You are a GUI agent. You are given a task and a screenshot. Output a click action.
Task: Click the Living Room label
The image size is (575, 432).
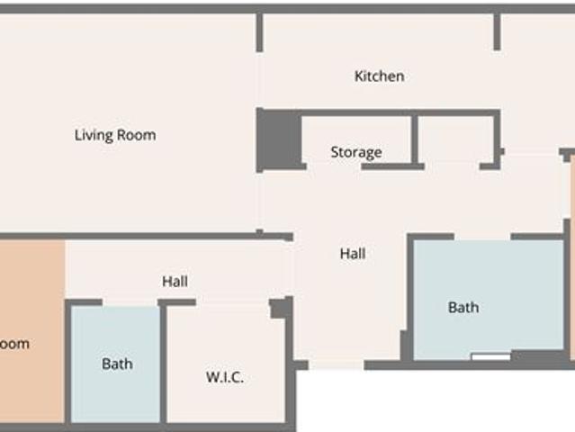[x=115, y=136]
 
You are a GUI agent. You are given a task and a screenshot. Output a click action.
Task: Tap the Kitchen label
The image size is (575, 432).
[x=379, y=76]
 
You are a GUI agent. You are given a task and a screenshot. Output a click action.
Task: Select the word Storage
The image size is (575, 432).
[x=355, y=152]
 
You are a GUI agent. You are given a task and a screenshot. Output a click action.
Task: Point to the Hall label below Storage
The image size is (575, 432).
[x=353, y=255]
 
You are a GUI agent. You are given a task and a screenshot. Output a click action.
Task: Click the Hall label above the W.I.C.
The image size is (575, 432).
[x=175, y=282]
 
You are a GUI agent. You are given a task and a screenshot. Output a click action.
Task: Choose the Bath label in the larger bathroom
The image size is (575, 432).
[x=463, y=308]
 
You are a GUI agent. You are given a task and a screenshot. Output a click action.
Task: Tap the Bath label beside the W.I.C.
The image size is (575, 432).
[x=117, y=364]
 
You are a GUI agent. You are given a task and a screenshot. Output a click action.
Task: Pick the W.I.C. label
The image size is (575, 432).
[x=225, y=377]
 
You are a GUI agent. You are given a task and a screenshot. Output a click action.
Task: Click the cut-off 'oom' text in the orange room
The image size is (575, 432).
[x=15, y=344]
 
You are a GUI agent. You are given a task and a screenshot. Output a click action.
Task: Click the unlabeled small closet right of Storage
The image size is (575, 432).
[x=454, y=139]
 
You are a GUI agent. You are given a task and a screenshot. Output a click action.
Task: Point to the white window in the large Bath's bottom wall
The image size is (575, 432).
[x=490, y=357]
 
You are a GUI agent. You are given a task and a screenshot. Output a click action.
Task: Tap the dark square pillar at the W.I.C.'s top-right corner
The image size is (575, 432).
[x=281, y=309]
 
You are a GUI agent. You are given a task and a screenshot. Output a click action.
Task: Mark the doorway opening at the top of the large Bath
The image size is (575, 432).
[x=482, y=237]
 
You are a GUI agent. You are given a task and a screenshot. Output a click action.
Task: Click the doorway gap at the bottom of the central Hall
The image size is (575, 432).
[x=337, y=364]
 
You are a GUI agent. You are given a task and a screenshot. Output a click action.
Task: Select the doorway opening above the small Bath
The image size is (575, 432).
[x=130, y=302]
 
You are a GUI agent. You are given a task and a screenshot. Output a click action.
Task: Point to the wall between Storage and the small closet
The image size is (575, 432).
[x=415, y=139]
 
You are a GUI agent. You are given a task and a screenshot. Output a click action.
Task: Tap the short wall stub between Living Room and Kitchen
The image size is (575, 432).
[x=260, y=32]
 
